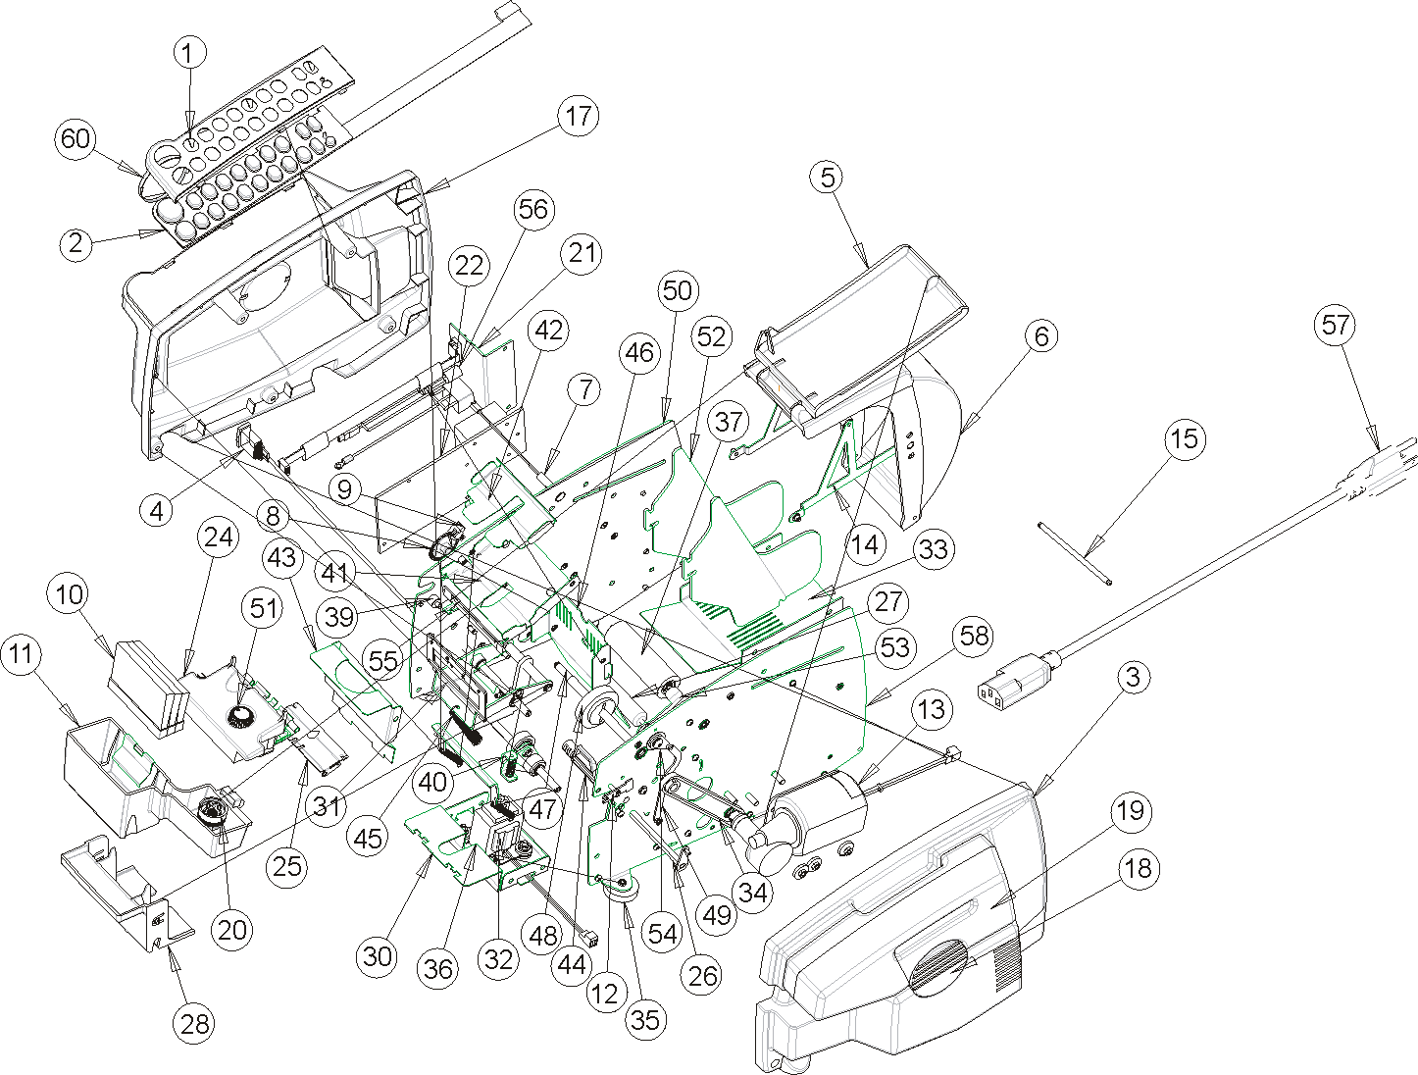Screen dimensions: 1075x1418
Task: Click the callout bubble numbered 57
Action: (x=1337, y=325)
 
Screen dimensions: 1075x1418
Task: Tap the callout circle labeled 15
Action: (x=1185, y=438)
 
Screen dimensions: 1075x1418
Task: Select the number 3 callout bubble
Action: (x=1133, y=677)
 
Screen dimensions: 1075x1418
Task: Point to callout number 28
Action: (x=196, y=1024)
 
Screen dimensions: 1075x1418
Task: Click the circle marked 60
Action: (x=76, y=138)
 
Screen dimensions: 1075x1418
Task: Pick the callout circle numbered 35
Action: (x=644, y=1020)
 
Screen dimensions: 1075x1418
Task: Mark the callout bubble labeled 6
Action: (x=1041, y=336)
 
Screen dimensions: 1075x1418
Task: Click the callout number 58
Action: (x=975, y=638)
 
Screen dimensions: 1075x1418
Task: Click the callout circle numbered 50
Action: (x=678, y=290)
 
